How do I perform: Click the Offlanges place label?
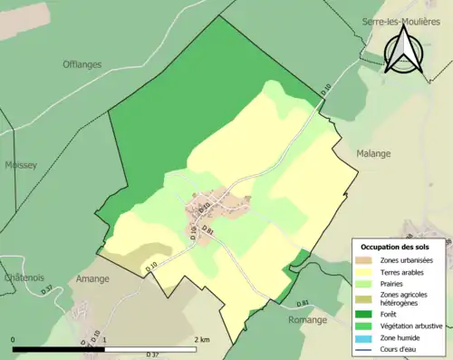tap(82, 64)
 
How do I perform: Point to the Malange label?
tap(372, 153)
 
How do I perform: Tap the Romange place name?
tap(307, 319)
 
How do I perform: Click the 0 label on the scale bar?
tap(14, 339)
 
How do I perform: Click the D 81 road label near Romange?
tap(304, 302)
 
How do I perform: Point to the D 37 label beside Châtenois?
tap(46, 290)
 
